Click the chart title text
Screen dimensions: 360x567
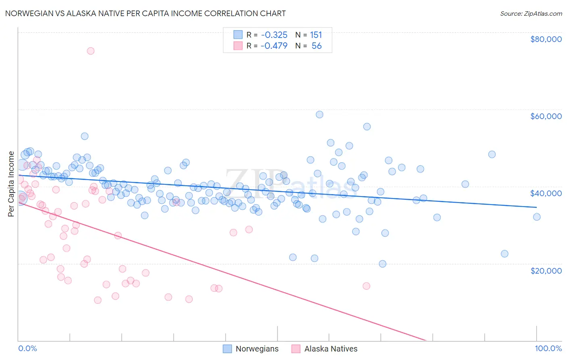146,13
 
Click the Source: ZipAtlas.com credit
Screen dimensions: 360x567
531,13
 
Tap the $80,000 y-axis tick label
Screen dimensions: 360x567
546,39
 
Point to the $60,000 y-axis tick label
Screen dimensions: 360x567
546,116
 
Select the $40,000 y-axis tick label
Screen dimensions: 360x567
546,193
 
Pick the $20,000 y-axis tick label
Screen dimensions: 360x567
546,270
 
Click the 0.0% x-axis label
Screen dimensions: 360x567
27,348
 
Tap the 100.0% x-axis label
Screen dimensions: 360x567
548,348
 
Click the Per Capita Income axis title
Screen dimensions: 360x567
11,184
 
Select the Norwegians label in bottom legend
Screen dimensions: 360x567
257,349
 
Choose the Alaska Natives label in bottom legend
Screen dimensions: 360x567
331,349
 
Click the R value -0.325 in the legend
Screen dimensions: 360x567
274,35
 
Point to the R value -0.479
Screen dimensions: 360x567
274,46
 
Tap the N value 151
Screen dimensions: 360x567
316,35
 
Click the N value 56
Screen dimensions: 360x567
317,46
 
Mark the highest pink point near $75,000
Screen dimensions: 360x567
91,51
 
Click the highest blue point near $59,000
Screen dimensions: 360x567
319,115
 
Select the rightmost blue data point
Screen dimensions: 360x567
537,217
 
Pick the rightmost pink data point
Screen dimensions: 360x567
366,286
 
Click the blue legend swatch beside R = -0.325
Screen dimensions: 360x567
238,35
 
